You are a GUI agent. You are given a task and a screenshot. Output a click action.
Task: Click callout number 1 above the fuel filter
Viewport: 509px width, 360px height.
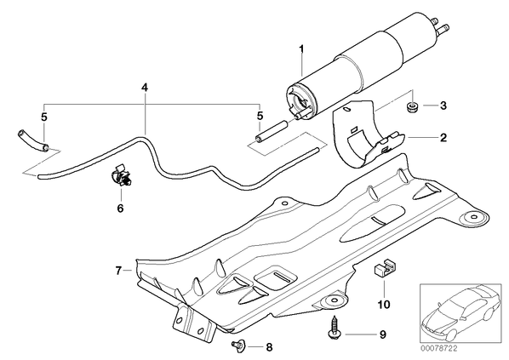tap(301, 49)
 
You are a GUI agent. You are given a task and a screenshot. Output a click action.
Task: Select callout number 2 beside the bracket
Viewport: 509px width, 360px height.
tap(443, 138)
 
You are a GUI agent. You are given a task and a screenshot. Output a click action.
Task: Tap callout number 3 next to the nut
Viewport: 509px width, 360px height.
tap(443, 106)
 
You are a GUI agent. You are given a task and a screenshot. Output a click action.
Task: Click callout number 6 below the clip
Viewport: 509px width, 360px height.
tap(120, 208)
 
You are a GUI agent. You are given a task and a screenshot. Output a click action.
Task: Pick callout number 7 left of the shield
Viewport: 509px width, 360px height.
tap(118, 271)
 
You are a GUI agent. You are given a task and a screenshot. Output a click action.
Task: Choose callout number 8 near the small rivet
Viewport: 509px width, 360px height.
tap(269, 347)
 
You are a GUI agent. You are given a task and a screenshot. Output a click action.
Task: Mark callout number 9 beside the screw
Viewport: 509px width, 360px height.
tap(383, 334)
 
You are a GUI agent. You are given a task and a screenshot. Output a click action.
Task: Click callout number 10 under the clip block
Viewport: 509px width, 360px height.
tap(384, 305)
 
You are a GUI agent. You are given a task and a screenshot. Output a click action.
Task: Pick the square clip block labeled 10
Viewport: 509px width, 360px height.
tap(385, 267)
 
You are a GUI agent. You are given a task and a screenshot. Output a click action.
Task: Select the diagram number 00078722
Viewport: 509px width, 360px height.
tap(439, 349)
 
